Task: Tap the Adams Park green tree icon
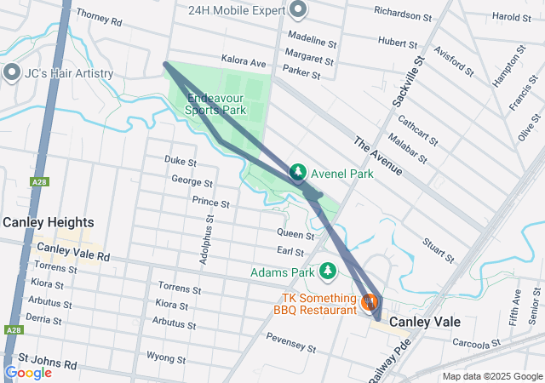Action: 328,272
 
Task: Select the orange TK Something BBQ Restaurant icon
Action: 370,301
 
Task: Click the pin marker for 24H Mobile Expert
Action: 297,10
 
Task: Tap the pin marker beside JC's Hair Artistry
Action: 12,73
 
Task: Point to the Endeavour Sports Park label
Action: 216,104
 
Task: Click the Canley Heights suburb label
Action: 43,222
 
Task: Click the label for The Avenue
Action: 376,157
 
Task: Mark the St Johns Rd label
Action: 48,364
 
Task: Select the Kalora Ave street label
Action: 244,62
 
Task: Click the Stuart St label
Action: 439,251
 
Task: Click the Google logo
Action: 28,372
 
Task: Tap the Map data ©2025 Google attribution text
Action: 491,376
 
